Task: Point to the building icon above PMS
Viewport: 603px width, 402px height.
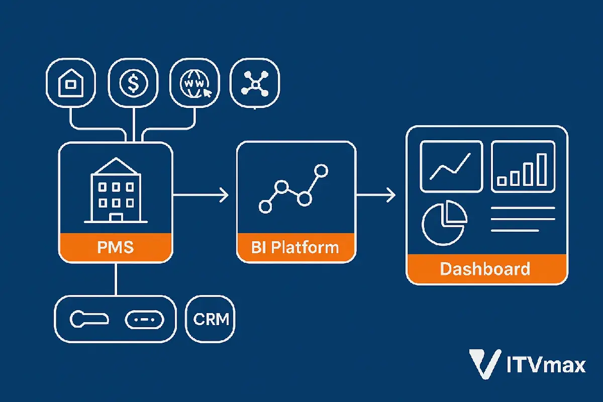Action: (x=116, y=191)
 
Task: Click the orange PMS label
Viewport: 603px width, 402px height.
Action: (x=116, y=248)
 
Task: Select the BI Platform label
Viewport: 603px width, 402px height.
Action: (x=295, y=248)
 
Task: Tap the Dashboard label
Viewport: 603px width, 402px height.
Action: (x=485, y=268)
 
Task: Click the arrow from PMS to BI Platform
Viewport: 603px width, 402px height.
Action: (x=201, y=195)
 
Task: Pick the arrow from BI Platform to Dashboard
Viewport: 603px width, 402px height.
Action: (x=376, y=195)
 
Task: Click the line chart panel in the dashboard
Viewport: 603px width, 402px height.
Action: (x=451, y=166)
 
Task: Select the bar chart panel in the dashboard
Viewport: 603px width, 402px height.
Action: (x=523, y=166)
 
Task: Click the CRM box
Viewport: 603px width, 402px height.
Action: (x=211, y=319)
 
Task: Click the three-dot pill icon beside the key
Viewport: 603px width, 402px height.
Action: (x=144, y=319)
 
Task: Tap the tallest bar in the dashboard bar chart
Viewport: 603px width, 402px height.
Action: (x=541, y=169)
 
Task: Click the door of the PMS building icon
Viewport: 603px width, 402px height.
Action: (x=116, y=217)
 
